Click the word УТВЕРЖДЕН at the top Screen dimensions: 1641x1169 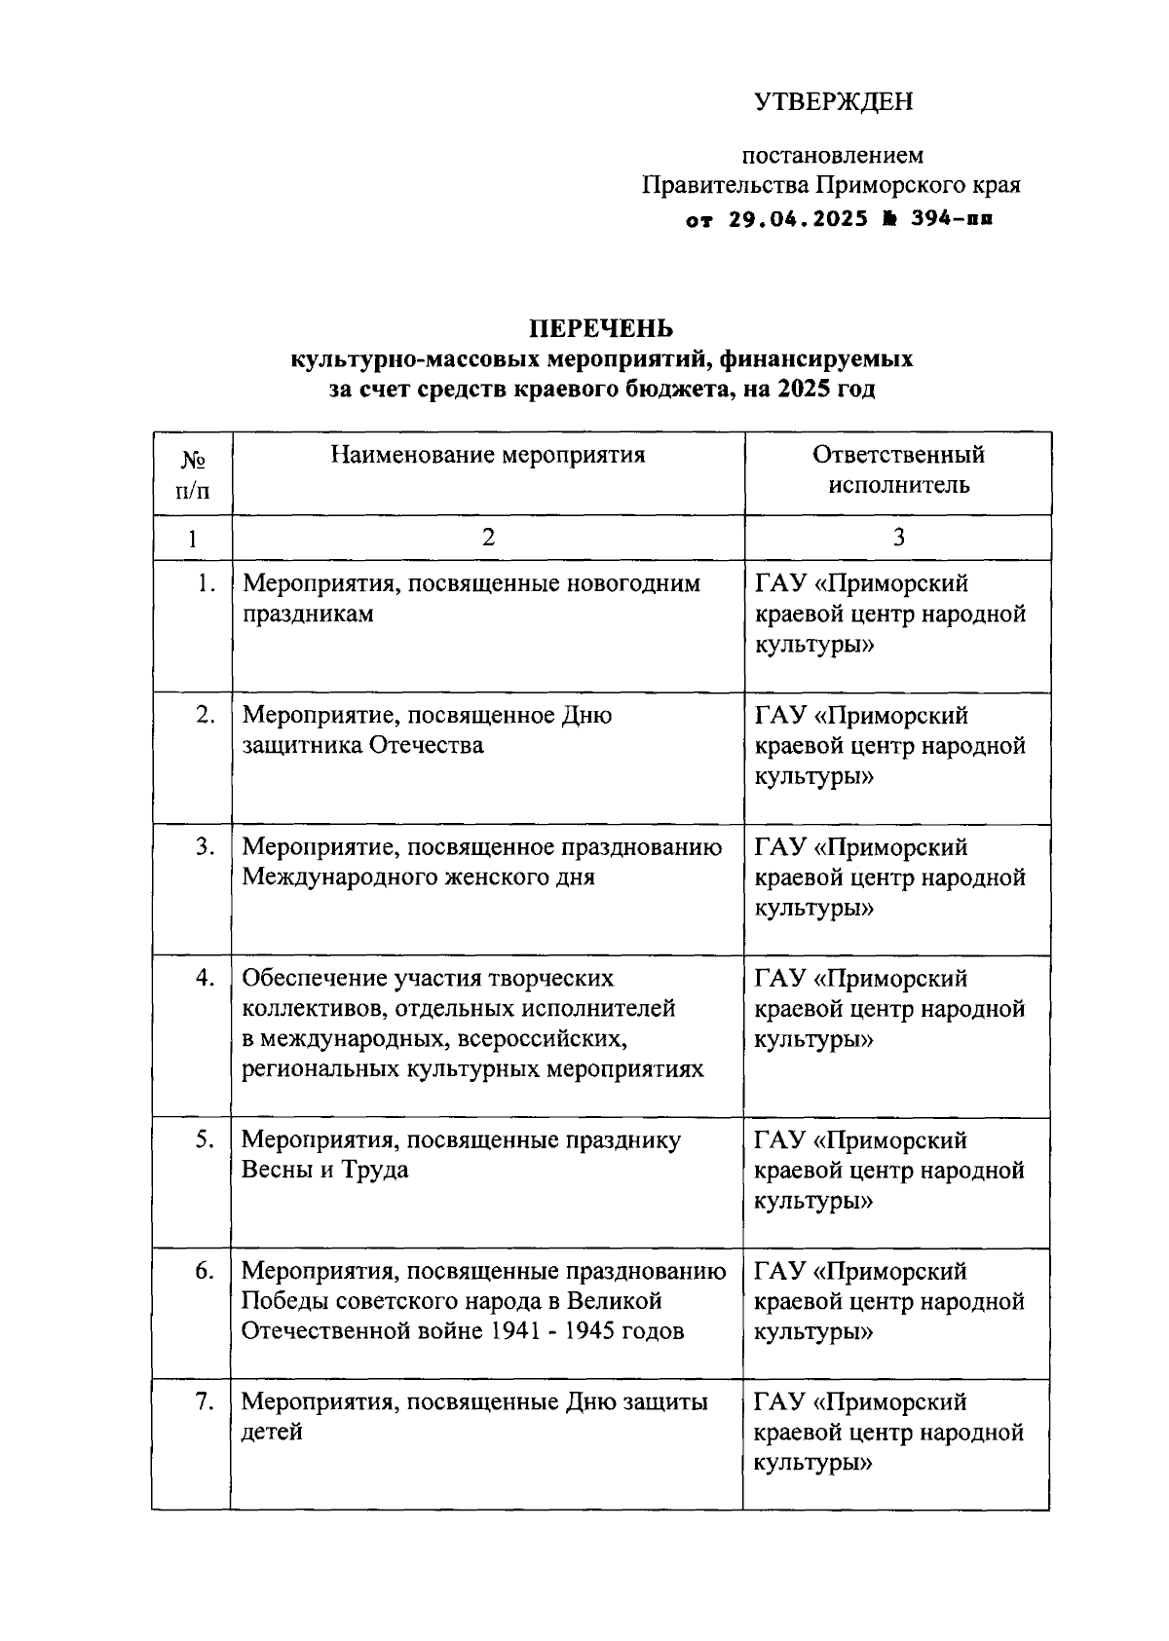pyautogui.click(x=834, y=102)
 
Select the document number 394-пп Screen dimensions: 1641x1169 pyautogui.click(x=952, y=220)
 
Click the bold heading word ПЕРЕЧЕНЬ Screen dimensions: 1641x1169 pyautogui.click(x=601, y=328)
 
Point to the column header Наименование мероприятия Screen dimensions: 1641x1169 pyautogui.click(x=488, y=455)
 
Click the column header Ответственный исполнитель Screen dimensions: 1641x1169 pyautogui.click(x=898, y=469)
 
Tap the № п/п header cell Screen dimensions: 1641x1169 pyautogui.click(x=193, y=474)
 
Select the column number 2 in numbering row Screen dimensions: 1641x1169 pyautogui.click(x=488, y=538)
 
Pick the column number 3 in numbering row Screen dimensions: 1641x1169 pyautogui.click(x=898, y=538)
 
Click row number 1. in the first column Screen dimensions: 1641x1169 pyautogui.click(x=205, y=583)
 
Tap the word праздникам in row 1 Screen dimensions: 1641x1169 pyautogui.click(x=308, y=615)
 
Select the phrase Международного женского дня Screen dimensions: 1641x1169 pyautogui.click(x=418, y=877)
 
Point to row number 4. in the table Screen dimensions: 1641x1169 pyautogui.click(x=205, y=978)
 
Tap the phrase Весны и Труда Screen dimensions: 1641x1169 pyautogui.click(x=324, y=1170)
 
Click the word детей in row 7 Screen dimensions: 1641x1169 pyautogui.click(x=272, y=1433)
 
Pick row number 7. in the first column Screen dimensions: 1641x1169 pyautogui.click(x=205, y=1402)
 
